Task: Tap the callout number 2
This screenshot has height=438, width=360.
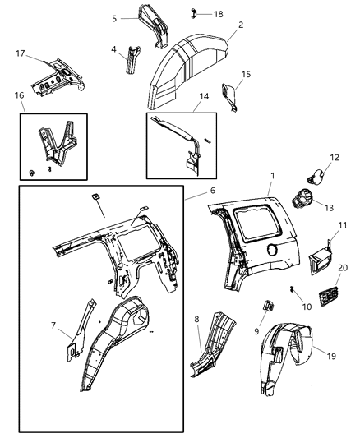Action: (240, 25)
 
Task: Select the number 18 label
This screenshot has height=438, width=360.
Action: (218, 14)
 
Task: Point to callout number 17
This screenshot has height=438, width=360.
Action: (21, 55)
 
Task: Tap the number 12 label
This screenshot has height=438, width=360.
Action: (335, 157)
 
